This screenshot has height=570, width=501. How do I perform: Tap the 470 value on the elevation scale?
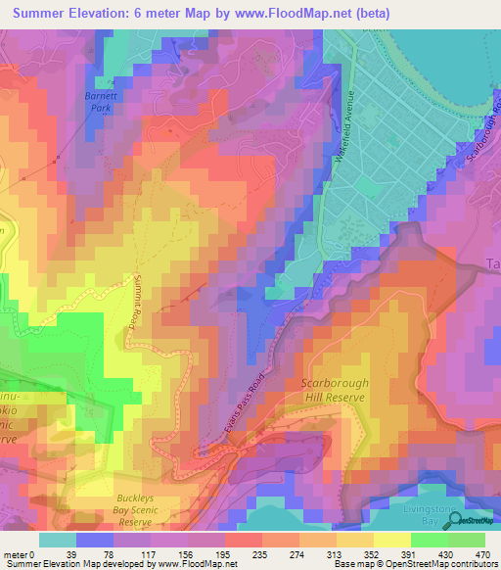(x=481, y=553)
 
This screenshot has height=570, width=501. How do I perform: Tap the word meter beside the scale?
(x=18, y=553)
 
